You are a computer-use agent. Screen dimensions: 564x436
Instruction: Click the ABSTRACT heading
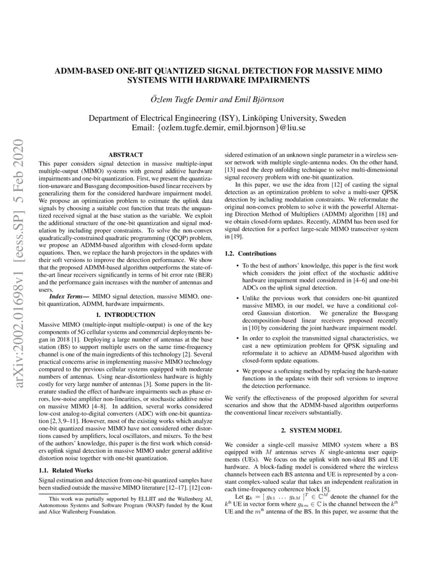(x=126, y=154)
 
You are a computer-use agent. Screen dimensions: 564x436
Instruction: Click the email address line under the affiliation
(x=218, y=128)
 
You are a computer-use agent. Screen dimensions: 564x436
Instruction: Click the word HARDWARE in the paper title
(x=233, y=80)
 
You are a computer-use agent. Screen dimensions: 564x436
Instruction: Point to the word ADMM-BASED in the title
(x=83, y=70)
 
